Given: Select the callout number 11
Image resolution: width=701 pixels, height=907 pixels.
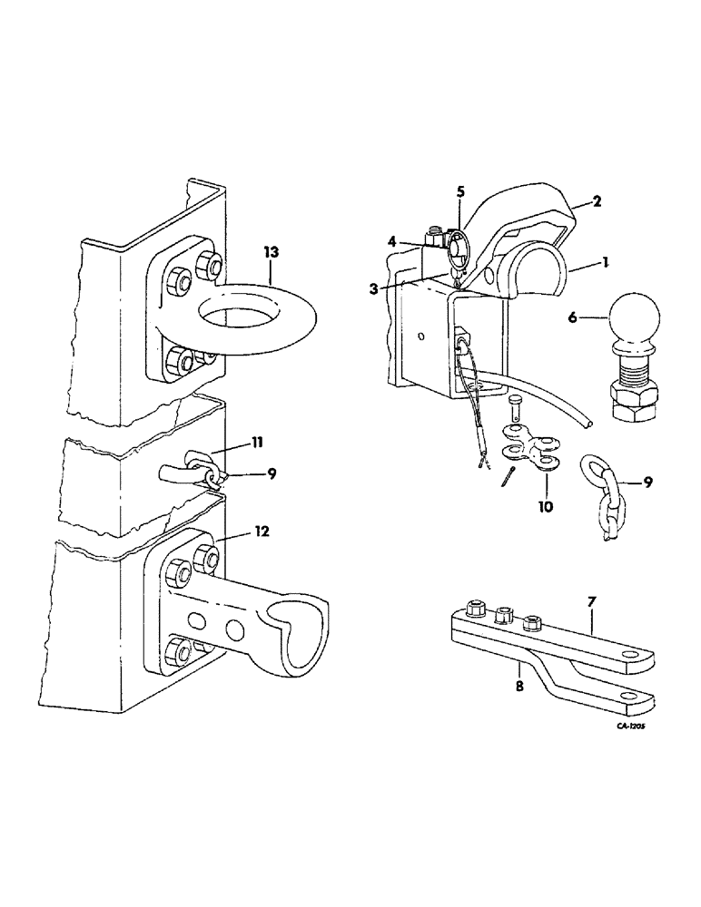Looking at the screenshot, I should click(x=257, y=442).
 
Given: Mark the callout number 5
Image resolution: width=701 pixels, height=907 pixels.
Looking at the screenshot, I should click(x=460, y=191).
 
